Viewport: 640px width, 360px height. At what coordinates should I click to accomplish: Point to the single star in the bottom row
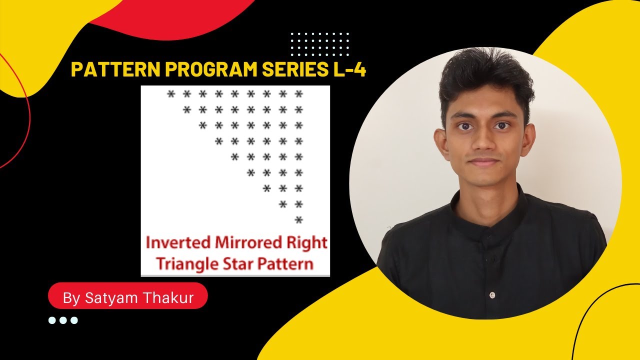coord(299,220)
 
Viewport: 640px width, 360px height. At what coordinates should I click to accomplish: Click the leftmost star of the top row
coord(171,94)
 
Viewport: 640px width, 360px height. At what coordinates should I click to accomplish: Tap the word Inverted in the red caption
coord(178,243)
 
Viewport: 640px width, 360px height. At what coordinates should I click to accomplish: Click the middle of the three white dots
coord(63,320)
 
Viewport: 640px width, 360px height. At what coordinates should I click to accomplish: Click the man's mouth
coord(484,162)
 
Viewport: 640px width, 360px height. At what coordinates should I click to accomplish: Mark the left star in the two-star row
coord(283,204)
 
